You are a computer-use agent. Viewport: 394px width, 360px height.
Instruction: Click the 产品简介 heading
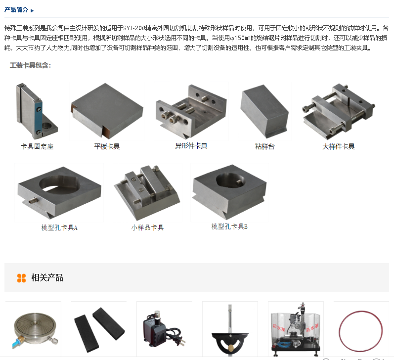[x=16, y=10]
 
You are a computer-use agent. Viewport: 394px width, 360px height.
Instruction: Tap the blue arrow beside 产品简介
[x=32, y=10]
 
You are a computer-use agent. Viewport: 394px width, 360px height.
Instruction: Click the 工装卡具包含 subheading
[x=31, y=65]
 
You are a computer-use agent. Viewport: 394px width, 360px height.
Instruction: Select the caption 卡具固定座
[x=37, y=146]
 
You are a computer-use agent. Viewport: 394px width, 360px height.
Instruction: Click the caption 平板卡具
[x=107, y=146]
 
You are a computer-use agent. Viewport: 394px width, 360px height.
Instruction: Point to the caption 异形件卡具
[x=191, y=146]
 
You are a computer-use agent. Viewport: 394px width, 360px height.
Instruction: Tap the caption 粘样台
[x=265, y=146]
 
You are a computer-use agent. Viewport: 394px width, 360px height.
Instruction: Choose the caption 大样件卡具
[x=339, y=146]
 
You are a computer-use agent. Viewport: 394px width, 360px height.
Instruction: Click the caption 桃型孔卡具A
[x=59, y=227]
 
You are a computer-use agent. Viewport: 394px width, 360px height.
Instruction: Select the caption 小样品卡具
[x=147, y=227]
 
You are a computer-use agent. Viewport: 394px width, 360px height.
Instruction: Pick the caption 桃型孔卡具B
[x=229, y=226]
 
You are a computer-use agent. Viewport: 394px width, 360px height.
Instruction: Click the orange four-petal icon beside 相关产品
[x=21, y=278]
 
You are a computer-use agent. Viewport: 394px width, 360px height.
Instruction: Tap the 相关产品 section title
[x=47, y=278]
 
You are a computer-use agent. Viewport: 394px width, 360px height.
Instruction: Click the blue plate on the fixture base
[x=38, y=118]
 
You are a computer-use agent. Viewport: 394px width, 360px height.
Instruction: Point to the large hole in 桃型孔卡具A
[x=59, y=185]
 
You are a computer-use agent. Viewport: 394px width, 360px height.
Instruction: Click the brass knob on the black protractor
[x=231, y=348]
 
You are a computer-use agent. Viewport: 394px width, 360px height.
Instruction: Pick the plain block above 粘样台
[x=264, y=111]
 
